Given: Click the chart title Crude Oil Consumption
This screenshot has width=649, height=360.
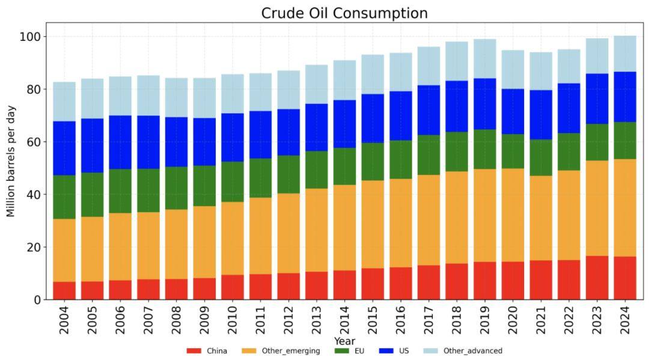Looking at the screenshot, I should pos(344,13).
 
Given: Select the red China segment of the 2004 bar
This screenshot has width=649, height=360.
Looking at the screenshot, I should pos(64,290).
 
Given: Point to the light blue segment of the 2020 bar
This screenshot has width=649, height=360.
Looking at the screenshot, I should pos(513,69).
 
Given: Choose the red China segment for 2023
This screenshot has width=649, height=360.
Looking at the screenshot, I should pos(597,278).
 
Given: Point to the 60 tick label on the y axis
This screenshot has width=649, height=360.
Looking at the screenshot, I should pos(33,142).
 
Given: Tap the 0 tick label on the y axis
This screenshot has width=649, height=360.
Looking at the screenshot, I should pos(37,300).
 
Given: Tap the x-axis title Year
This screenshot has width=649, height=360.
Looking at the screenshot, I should pos(344,341).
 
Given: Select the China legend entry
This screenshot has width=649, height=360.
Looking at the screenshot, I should pos(207,350).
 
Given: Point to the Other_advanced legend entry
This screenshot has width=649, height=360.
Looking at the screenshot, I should pos(463,350).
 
